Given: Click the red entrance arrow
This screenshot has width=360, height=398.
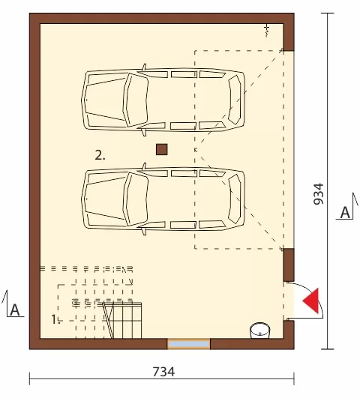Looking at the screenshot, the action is click(x=312, y=301).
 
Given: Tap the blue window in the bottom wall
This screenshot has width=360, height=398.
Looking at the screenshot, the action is click(x=188, y=344).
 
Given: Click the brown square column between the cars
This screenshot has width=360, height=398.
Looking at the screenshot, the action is click(x=161, y=149).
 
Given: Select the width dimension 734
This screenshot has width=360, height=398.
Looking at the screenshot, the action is click(x=163, y=372).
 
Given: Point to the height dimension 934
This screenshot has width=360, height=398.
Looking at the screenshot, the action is click(x=318, y=194).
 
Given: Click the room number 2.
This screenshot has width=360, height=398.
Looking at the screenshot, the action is click(x=100, y=155).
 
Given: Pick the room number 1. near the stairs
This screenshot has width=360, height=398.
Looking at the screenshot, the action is click(x=55, y=319).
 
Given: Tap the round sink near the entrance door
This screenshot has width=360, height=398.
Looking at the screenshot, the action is click(x=260, y=331).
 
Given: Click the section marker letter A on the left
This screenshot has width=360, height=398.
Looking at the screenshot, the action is click(x=15, y=310).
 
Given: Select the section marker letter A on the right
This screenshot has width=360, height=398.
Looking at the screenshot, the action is click(x=346, y=212).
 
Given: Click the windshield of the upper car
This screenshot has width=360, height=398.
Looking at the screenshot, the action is click(x=136, y=100).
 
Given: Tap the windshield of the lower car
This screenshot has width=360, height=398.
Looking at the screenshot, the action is click(x=136, y=199).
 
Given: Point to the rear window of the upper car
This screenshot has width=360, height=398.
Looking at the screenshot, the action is click(x=235, y=100).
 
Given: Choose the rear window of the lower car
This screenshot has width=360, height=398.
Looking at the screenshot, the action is click(x=235, y=199).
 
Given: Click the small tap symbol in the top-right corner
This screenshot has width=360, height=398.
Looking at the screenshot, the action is click(x=266, y=30).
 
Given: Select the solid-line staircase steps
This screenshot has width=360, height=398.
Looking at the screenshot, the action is click(x=122, y=321).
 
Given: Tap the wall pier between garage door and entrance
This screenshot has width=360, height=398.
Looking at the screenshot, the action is click(x=289, y=265).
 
